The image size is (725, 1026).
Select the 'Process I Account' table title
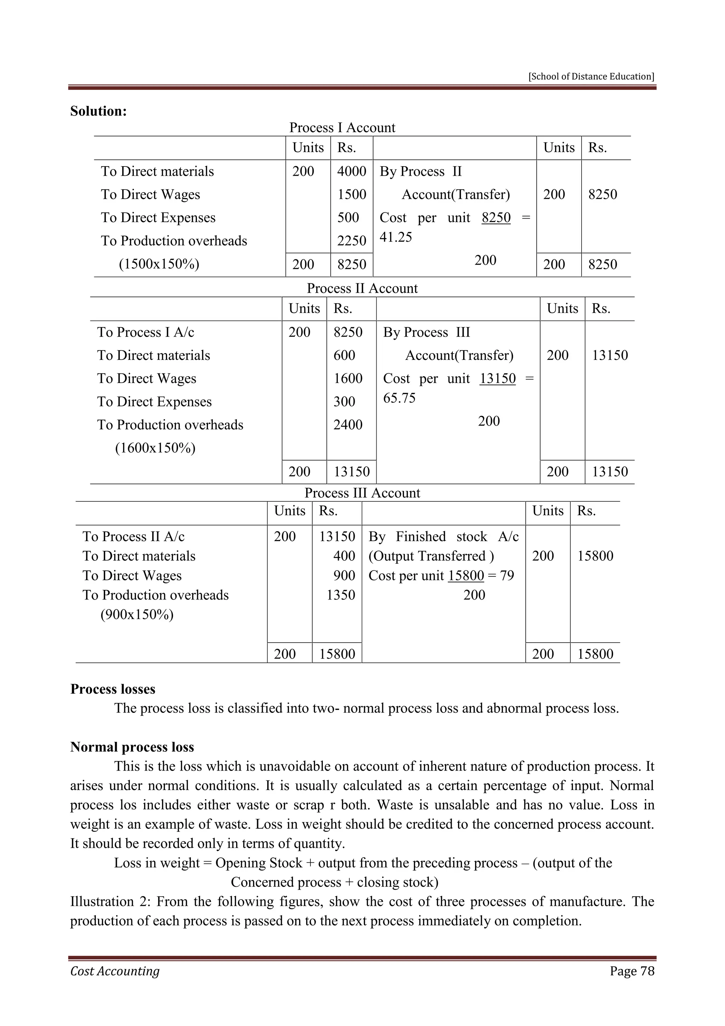(342, 128)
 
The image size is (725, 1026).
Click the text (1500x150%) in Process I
(159, 264)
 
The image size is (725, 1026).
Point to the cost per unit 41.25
(395, 237)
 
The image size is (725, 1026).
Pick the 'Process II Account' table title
(362, 288)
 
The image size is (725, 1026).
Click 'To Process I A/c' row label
(145, 332)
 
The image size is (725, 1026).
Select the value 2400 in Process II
(348, 424)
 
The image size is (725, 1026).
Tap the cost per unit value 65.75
(399, 398)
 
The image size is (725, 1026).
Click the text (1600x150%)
(155, 448)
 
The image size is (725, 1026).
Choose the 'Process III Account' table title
(362, 493)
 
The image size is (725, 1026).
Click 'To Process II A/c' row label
(133, 536)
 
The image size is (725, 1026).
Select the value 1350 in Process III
(341, 595)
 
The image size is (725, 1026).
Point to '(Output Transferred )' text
(431, 556)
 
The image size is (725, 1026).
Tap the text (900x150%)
(137, 614)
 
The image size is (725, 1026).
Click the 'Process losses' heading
(113, 689)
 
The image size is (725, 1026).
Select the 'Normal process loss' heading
(132, 747)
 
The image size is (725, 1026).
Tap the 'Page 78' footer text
(632, 971)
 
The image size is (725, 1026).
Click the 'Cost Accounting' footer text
(115, 971)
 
